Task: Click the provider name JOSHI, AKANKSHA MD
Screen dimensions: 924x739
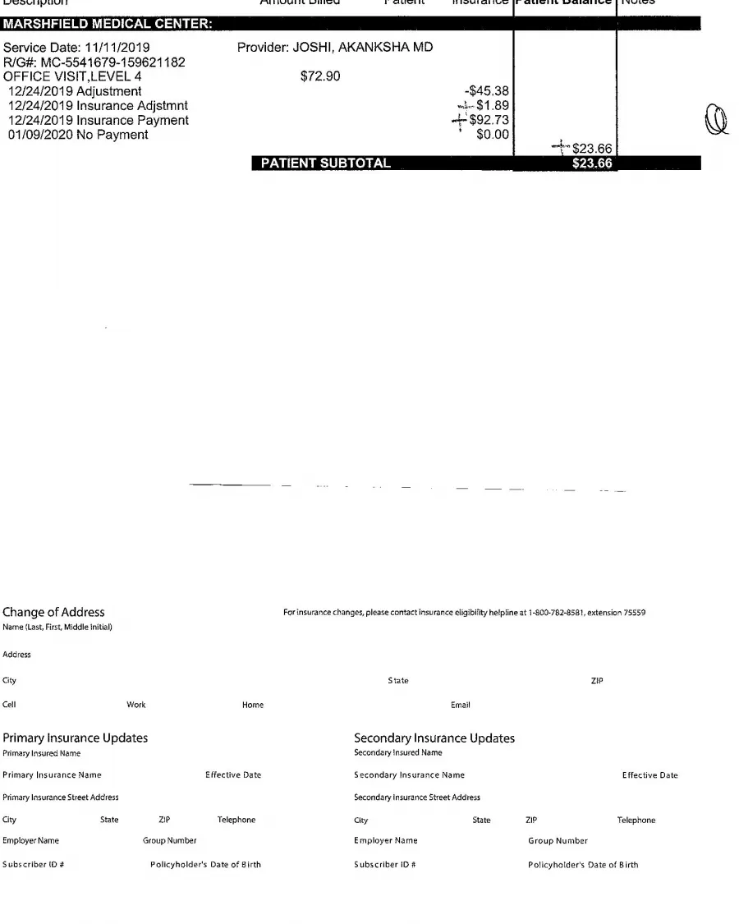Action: click(x=335, y=48)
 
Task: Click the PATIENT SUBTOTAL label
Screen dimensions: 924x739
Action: click(x=325, y=163)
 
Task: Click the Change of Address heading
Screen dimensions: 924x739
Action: click(x=54, y=612)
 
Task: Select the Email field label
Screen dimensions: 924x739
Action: click(x=461, y=705)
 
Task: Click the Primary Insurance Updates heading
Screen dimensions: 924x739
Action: click(x=76, y=738)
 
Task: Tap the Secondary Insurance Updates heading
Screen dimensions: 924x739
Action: click(x=434, y=738)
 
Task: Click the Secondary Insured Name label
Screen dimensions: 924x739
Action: click(x=397, y=752)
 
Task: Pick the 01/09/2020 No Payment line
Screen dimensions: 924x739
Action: click(x=78, y=135)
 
